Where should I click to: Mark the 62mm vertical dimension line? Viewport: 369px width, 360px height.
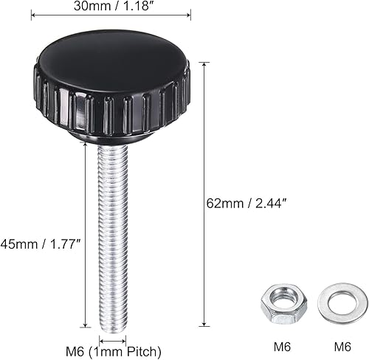tap(203, 193)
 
